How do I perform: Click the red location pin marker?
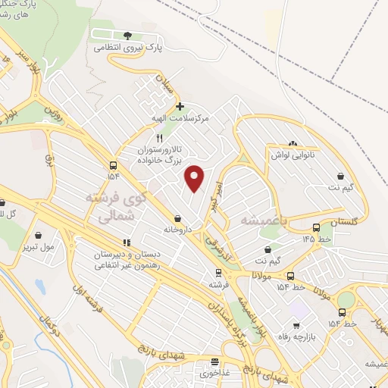[x=195, y=177]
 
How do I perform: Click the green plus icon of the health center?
[x=179, y=107]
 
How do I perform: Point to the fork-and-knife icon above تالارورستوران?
[x=159, y=138]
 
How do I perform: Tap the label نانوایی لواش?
[x=293, y=155]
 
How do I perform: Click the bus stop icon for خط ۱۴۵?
[x=316, y=227]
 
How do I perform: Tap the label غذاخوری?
[x=215, y=373]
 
